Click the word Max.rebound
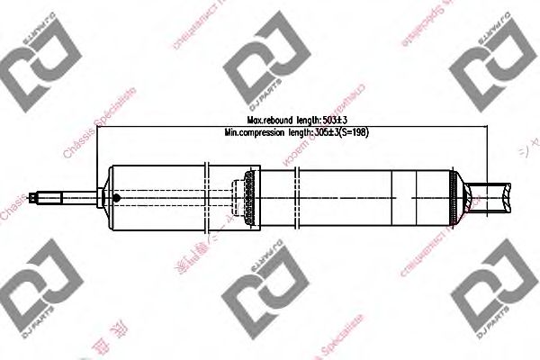271,119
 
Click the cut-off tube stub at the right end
500,195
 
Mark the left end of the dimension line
98,125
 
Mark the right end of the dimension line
486,125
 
